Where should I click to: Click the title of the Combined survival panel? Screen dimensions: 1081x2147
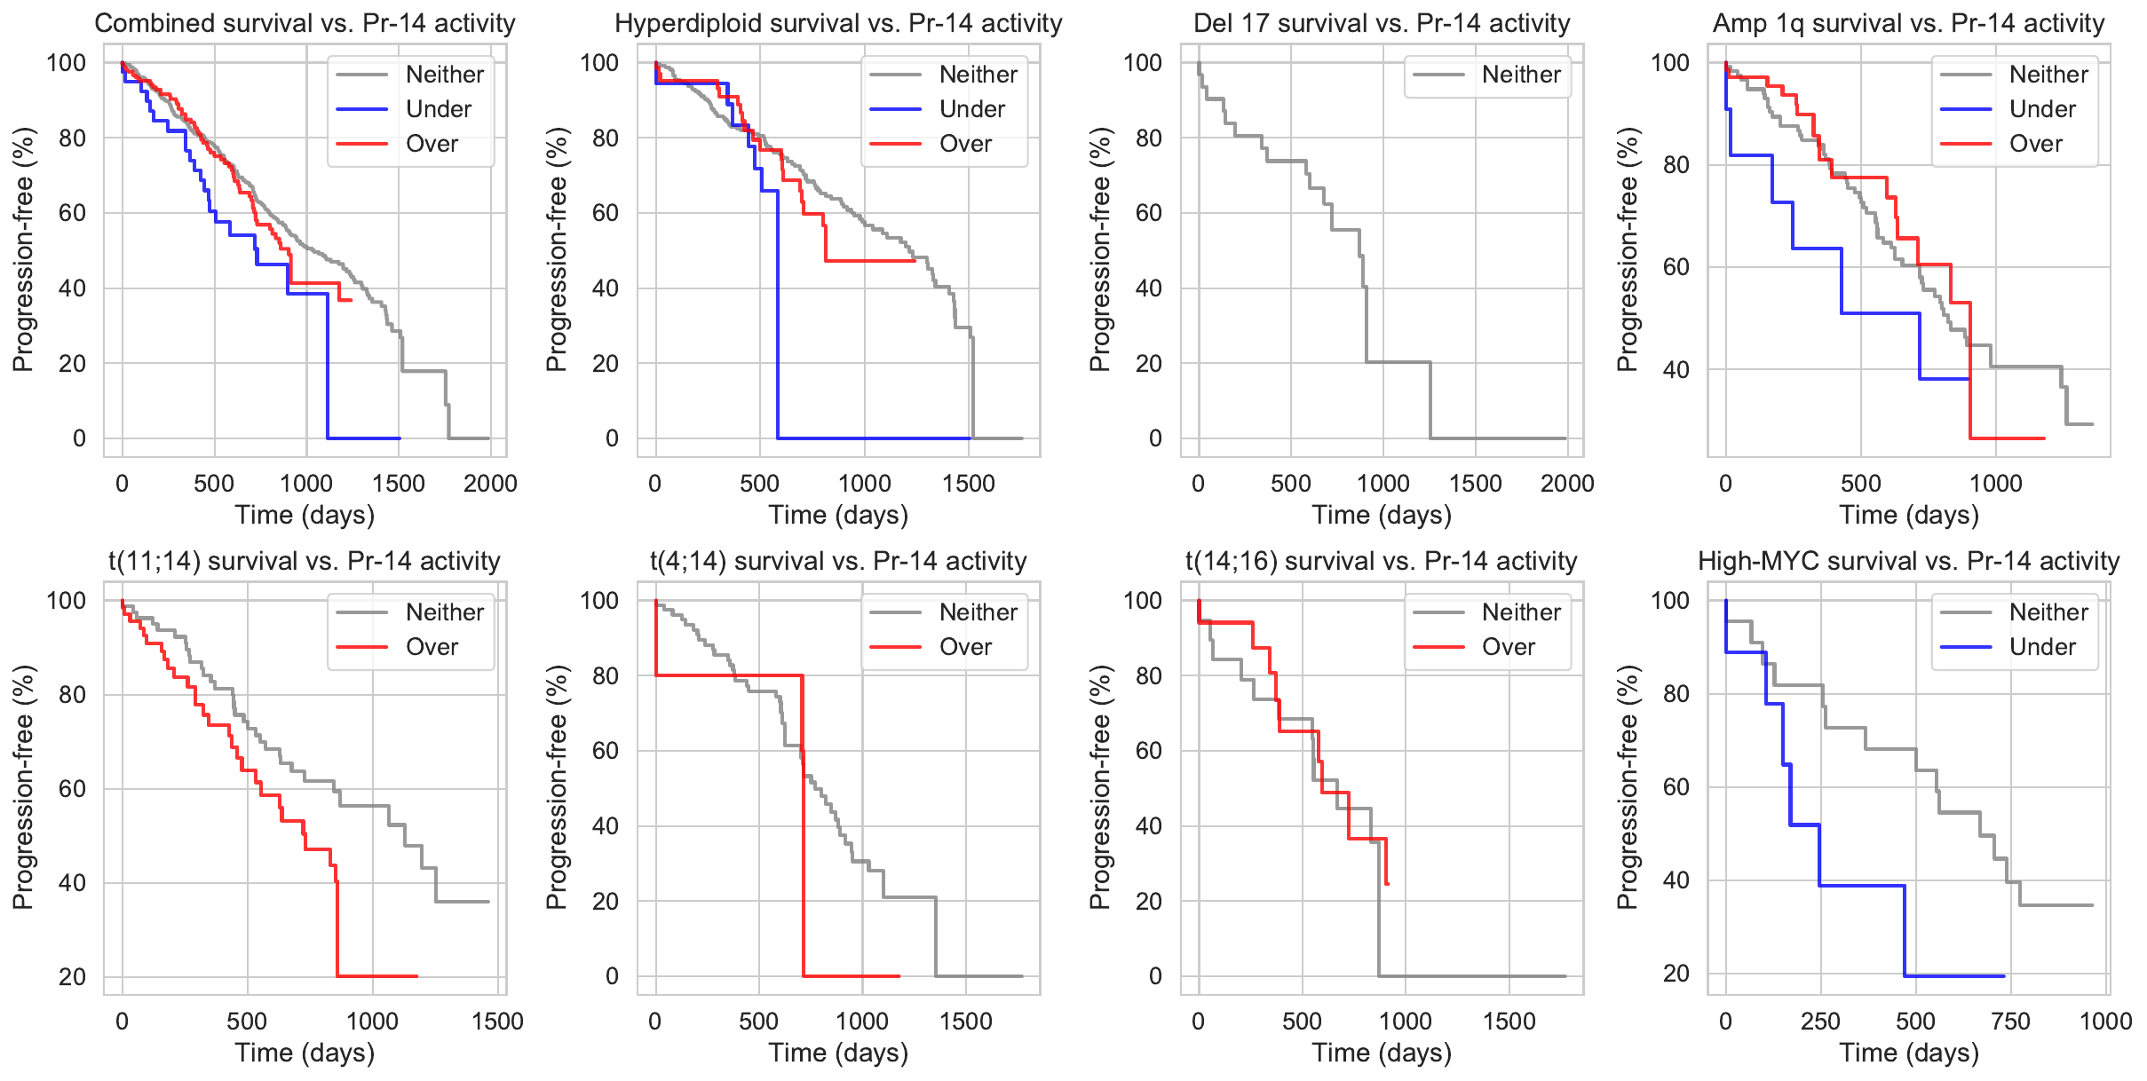tap(305, 23)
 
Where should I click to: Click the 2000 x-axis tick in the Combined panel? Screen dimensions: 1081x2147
tap(490, 484)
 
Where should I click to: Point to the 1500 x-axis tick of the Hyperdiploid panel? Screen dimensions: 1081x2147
tap(969, 484)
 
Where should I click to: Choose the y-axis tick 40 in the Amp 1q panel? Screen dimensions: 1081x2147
tap(1676, 370)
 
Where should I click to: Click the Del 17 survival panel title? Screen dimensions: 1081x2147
tap(1382, 23)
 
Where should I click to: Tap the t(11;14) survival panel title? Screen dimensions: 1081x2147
tap(305, 561)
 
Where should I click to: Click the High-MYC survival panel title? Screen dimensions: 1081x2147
tap(1908, 561)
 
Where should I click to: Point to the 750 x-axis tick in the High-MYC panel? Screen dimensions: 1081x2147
tap(2010, 1022)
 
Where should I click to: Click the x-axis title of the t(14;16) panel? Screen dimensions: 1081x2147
tap(1382, 1053)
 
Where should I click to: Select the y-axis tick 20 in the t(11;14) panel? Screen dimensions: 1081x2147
tap(73, 977)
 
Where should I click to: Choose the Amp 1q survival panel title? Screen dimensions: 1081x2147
tap(1908, 23)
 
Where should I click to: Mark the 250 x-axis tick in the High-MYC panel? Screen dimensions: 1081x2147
tap(1820, 1022)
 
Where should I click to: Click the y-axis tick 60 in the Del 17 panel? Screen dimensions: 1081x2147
tap(1148, 213)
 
